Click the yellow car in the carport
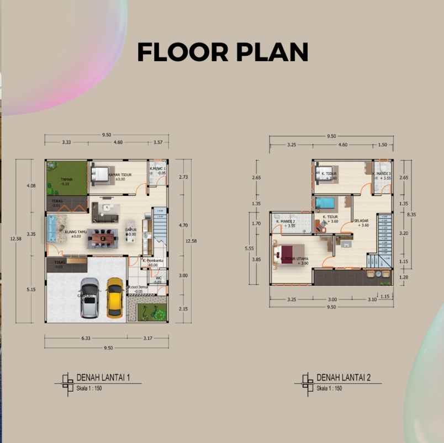coord(114,298)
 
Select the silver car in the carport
coord(89,298)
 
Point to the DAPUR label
coord(131,231)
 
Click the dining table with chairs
coord(102,238)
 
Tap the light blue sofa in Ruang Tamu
coord(53,228)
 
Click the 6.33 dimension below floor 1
coord(86,338)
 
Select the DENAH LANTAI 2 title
coord(343,378)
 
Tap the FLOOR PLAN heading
coord(222,52)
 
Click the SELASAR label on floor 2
coord(362,222)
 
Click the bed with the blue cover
coord(325,204)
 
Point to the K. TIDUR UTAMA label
coord(294,260)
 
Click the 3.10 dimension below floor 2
coord(372,300)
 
